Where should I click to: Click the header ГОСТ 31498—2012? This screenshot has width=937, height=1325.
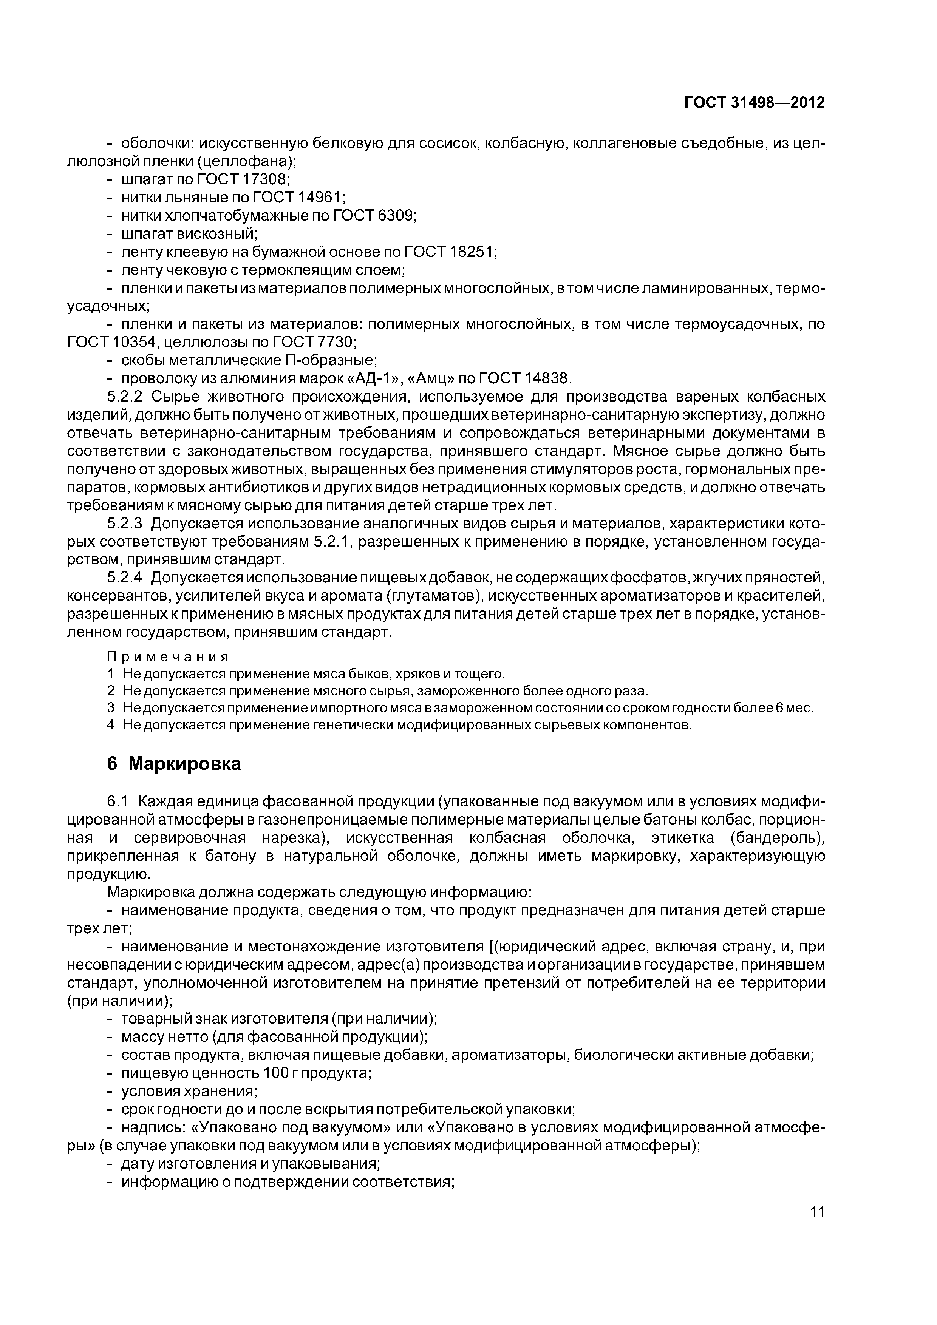coord(754,103)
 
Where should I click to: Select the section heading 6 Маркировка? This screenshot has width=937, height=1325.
coord(174,763)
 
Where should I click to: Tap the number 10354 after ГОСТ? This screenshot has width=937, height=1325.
coord(135,342)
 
